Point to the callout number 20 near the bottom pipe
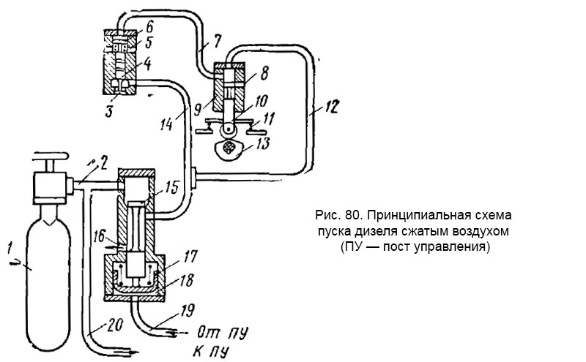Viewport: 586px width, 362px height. [x=114, y=325]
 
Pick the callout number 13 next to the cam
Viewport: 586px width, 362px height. [x=262, y=143]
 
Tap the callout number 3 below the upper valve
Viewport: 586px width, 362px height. [x=109, y=110]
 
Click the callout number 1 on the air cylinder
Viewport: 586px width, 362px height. [x=10, y=247]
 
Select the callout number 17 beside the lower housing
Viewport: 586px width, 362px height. [x=190, y=257]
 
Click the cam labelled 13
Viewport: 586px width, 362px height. [x=229, y=148]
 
